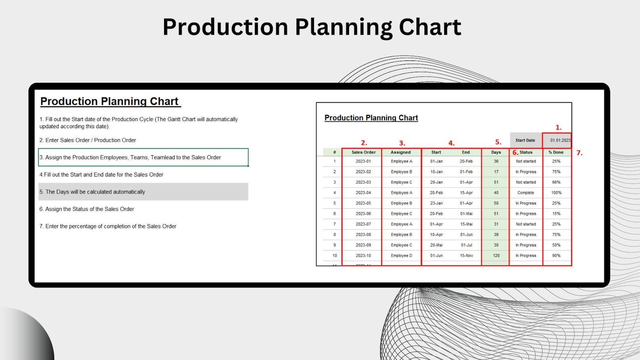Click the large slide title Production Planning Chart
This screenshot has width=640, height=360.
(312, 27)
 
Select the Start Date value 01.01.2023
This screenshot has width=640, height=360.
(559, 140)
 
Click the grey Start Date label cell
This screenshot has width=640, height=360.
(525, 140)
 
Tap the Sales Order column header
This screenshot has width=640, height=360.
(363, 152)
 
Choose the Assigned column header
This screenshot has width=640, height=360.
(401, 152)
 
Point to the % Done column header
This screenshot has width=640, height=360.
(556, 152)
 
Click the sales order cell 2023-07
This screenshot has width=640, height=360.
(363, 224)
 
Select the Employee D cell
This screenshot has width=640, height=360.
(401, 256)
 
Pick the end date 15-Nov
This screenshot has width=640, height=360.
(466, 256)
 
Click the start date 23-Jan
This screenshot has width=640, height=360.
(436, 203)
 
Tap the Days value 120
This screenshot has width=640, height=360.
(496, 256)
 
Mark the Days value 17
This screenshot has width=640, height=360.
(496, 172)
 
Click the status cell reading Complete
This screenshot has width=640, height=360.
(526, 193)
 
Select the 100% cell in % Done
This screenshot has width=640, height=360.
(556, 193)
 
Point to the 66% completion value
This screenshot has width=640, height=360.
(556, 182)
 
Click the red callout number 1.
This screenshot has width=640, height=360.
(558, 127)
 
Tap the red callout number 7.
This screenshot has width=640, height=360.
(579, 153)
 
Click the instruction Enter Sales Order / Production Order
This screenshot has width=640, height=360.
(88, 140)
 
